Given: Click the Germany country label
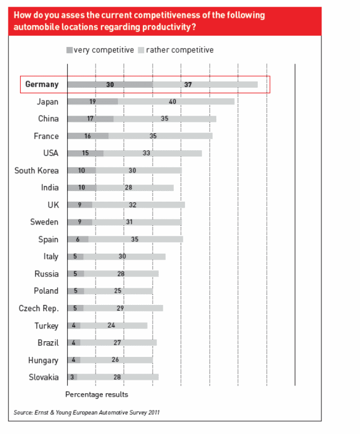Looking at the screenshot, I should pyautogui.click(x=42, y=84).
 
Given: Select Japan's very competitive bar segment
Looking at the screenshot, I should pyautogui.click(x=92, y=102).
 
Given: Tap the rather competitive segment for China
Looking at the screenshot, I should pyautogui.click(x=164, y=119).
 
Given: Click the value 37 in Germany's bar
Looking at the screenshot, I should pyautogui.click(x=188, y=84).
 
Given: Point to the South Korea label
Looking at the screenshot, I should pyautogui.click(x=36, y=170).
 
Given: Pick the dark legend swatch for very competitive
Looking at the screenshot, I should pyautogui.click(x=69, y=50).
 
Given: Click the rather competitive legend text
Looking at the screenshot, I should pyautogui.click(x=180, y=50).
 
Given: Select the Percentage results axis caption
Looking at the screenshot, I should pyautogui.click(x=97, y=394).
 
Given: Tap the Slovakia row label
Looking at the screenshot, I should pyautogui.click(x=44, y=377).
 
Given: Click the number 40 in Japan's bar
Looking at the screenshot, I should pyautogui.click(x=172, y=102).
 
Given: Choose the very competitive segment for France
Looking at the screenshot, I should pyautogui.click(x=88, y=136).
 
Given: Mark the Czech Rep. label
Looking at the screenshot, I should pyautogui.click(x=39, y=308).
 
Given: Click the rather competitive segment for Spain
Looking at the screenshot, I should pyautogui.click(x=136, y=239).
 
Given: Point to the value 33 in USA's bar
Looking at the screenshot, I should pyautogui.click(x=146, y=153).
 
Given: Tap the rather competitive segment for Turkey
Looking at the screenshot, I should pyautogui.click(x=114, y=325).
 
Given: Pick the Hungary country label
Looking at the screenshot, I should pyautogui.click(x=43, y=360).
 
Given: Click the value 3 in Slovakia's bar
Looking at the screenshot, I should pyautogui.click(x=72, y=377).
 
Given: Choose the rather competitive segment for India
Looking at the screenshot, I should pyautogui.click(x=135, y=188).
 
